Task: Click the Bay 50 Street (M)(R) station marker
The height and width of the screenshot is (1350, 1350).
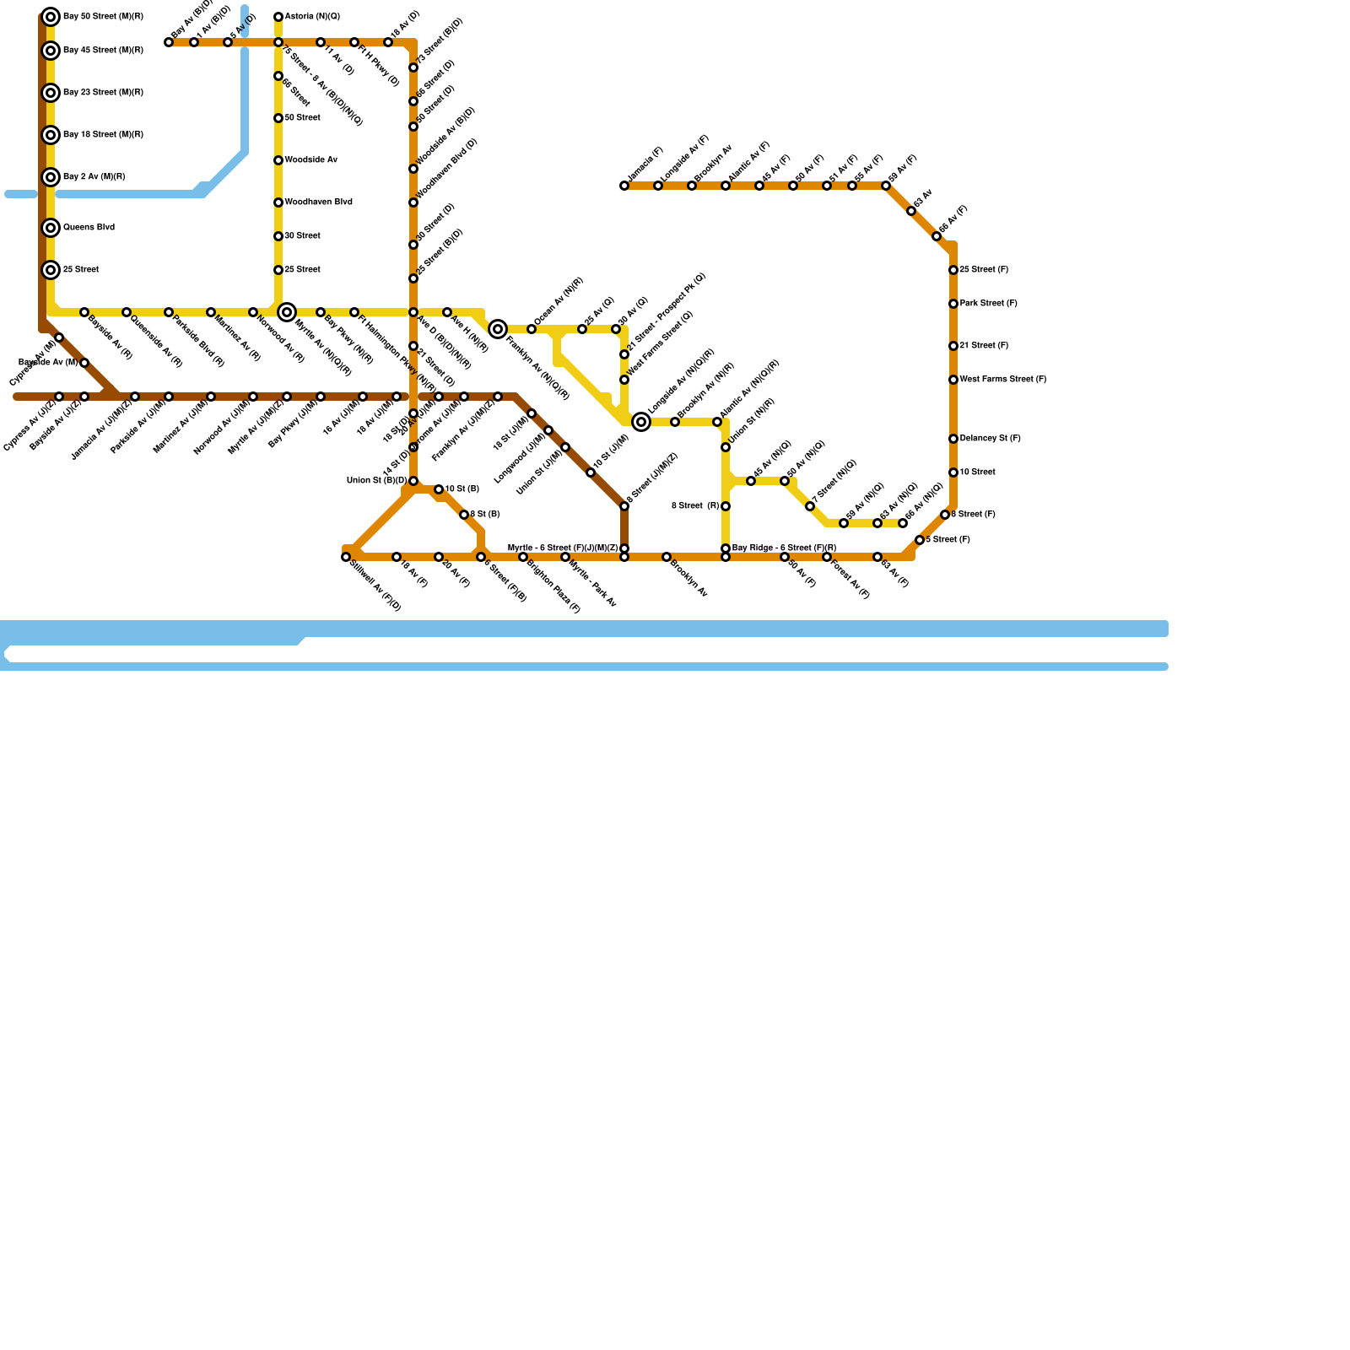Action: point(51,17)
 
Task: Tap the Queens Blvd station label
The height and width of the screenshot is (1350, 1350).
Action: point(89,228)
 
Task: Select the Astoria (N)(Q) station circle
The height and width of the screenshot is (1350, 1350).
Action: point(278,17)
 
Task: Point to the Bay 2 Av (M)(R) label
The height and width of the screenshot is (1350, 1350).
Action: point(94,177)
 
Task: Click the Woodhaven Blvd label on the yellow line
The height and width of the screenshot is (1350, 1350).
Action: point(318,202)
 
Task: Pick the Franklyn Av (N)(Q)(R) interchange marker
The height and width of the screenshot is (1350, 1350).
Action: point(498,329)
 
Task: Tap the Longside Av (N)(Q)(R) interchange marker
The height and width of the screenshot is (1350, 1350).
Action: point(641,422)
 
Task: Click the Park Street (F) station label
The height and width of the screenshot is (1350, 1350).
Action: point(988,304)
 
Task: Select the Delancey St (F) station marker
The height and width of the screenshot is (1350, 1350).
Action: point(953,439)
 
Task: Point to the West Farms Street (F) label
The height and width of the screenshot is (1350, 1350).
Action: point(1002,380)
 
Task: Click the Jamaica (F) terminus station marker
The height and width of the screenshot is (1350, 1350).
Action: point(624,186)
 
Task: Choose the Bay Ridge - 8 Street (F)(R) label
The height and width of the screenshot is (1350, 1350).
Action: point(784,548)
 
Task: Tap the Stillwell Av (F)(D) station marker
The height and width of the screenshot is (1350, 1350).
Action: point(346,557)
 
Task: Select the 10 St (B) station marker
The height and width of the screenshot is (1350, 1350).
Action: point(439,489)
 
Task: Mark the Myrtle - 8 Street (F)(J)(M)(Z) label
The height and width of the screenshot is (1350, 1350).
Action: point(562,548)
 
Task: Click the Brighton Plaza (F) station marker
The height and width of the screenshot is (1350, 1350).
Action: point(523,557)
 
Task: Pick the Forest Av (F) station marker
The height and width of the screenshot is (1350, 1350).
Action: point(827,557)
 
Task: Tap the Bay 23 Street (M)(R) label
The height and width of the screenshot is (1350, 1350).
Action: point(103,93)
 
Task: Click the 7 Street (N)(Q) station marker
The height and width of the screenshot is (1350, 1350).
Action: point(810,506)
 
